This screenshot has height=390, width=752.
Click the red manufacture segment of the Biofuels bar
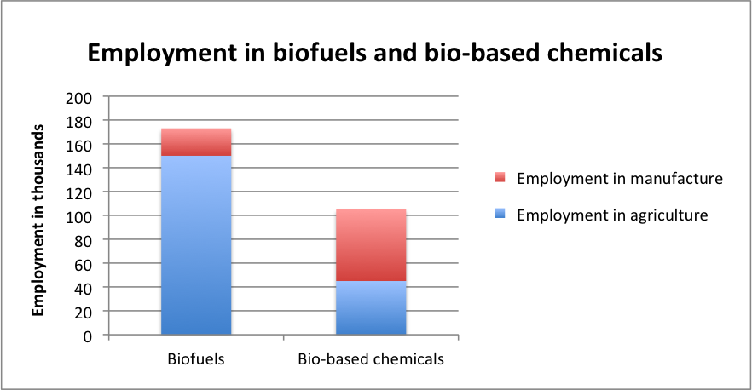pyautogui.click(x=196, y=142)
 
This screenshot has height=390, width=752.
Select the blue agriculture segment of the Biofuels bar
pyautogui.click(x=196, y=245)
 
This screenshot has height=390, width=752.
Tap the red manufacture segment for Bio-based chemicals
pyautogui.click(x=371, y=245)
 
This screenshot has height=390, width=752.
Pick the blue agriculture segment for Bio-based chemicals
pyautogui.click(x=371, y=307)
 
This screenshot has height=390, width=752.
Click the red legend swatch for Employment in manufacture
pyautogui.click(x=500, y=178)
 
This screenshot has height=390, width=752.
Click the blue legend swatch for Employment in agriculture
pyautogui.click(x=500, y=215)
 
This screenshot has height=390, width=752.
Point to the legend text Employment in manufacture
pyautogui.click(x=620, y=179)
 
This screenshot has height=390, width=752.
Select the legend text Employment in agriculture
pyautogui.click(x=612, y=215)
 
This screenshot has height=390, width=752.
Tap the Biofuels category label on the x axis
pyautogui.click(x=196, y=358)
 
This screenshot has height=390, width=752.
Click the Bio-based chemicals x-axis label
pyautogui.click(x=371, y=358)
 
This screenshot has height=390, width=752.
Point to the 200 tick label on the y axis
pyautogui.click(x=78, y=98)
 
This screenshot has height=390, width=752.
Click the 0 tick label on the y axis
pyautogui.click(x=87, y=336)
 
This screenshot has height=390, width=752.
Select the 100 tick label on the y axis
pyautogui.click(x=78, y=217)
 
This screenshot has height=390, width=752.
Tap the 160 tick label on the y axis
pyautogui.click(x=78, y=146)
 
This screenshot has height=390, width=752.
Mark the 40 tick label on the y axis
pyautogui.click(x=82, y=289)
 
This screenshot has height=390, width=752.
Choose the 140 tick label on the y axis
pyautogui.click(x=78, y=169)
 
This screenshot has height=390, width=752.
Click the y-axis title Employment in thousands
pyautogui.click(x=38, y=221)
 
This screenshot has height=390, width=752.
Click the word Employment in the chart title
pyautogui.click(x=163, y=54)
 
